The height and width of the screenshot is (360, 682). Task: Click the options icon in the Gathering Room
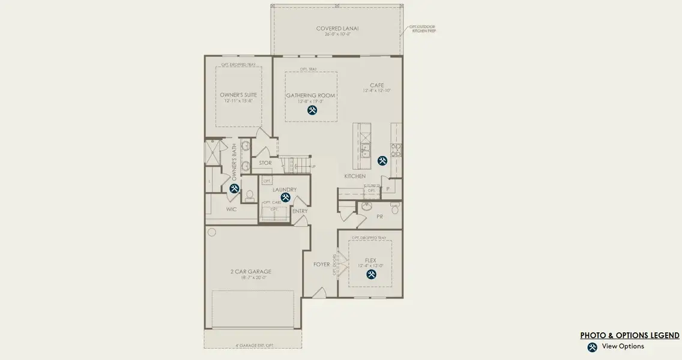click(x=312, y=110)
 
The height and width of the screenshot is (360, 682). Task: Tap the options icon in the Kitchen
click(x=382, y=161)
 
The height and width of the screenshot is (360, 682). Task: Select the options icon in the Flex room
click(x=371, y=274)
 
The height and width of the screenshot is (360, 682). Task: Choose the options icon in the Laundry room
click(x=286, y=197)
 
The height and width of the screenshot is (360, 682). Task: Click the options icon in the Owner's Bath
click(x=234, y=188)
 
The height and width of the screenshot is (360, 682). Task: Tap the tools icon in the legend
click(x=593, y=347)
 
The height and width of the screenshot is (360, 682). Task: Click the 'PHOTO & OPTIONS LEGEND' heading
click(x=630, y=335)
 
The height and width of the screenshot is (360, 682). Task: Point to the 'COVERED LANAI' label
click(x=337, y=28)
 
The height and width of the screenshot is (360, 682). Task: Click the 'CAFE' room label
click(x=376, y=85)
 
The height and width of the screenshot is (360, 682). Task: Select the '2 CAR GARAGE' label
click(x=251, y=271)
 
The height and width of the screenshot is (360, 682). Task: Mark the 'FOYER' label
click(x=322, y=264)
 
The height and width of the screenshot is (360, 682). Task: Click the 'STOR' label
click(x=265, y=163)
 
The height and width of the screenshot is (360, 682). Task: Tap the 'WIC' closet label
click(x=231, y=209)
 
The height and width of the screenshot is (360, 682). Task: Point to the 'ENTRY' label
click(x=300, y=211)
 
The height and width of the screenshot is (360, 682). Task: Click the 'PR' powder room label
click(x=379, y=216)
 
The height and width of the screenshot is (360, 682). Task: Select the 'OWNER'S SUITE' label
click(x=238, y=95)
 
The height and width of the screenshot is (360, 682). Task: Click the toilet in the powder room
click(x=394, y=209)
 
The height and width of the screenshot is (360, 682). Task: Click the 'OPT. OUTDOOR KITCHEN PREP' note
click(x=423, y=28)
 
